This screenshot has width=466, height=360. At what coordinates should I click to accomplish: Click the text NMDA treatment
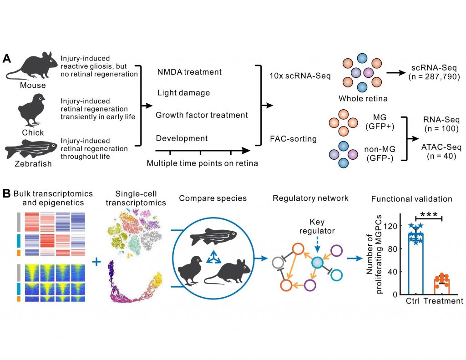pos(189,72)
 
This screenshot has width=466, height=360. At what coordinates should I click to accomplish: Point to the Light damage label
pos(183,93)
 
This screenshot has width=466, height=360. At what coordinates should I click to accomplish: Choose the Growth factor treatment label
pos(202,115)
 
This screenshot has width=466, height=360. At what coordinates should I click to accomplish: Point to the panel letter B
pos(7,193)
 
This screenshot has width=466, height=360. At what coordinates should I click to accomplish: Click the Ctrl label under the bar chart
pos(412,301)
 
